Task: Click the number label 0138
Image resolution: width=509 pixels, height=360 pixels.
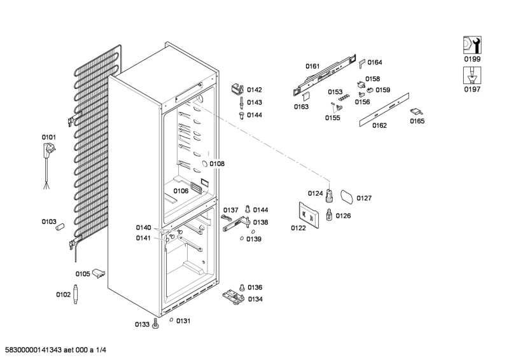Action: pyautogui.click(x=260, y=223)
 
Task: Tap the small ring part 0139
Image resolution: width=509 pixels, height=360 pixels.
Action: pyautogui.click(x=242, y=239)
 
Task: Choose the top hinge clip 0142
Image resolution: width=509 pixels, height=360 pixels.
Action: pyautogui.click(x=237, y=88)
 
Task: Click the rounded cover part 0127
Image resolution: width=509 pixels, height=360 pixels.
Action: pyautogui.click(x=347, y=196)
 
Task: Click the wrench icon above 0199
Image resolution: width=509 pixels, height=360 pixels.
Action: pyautogui.click(x=471, y=45)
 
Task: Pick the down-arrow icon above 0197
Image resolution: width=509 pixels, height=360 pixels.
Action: pyautogui.click(x=471, y=75)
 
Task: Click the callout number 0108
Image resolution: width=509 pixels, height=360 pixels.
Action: pyautogui.click(x=217, y=163)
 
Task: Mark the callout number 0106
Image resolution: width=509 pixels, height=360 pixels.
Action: pyautogui.click(x=181, y=191)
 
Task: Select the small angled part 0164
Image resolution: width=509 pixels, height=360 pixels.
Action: pyautogui.click(x=362, y=62)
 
